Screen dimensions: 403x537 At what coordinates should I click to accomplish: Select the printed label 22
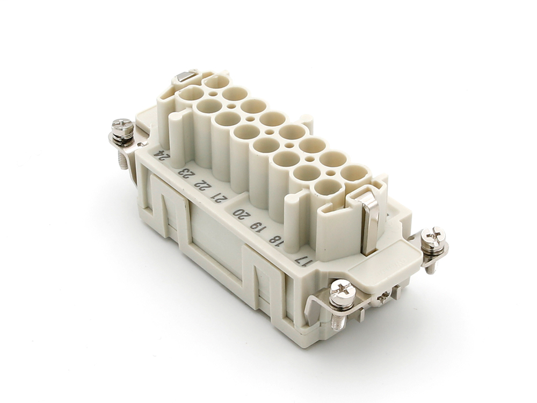point(203,185)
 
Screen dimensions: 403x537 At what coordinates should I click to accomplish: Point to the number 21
point(220,198)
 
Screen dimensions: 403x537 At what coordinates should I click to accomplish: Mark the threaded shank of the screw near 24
point(123,158)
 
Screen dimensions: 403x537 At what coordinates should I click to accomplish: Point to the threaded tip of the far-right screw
point(430,268)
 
